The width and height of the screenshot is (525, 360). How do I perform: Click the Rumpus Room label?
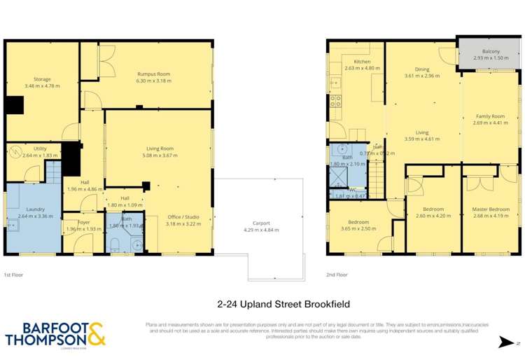153,74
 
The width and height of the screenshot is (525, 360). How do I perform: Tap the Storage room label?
42,79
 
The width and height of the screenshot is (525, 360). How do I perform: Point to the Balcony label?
491,52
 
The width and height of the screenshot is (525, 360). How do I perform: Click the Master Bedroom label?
491,209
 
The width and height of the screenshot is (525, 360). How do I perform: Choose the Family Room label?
491,116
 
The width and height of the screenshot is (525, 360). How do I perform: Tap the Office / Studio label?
183,217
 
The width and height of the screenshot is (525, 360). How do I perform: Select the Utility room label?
39,148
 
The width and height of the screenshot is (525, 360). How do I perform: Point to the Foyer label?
83,223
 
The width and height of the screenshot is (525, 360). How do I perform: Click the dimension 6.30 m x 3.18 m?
153,81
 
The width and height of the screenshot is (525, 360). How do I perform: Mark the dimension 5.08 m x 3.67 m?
160,155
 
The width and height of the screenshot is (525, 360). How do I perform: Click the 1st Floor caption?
13,275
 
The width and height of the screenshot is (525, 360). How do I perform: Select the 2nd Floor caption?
337,275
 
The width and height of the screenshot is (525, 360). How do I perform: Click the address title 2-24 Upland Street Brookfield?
283,305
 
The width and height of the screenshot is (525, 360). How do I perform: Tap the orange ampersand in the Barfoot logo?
95,333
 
